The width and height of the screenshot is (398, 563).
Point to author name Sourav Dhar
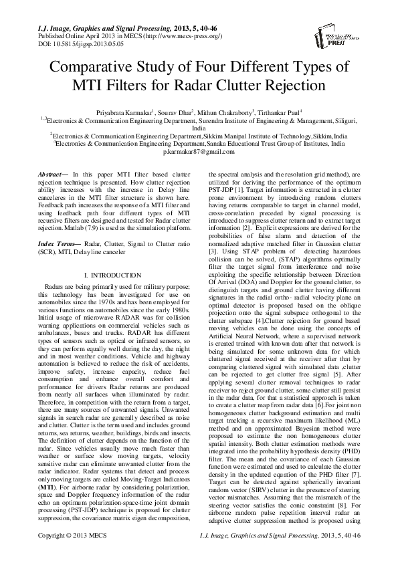point(177,112)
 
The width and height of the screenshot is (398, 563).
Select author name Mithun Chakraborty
point(226,112)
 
